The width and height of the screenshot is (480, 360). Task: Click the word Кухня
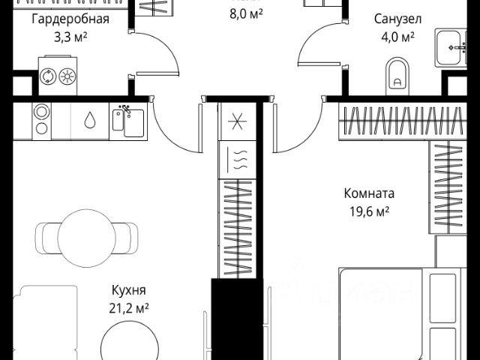128,290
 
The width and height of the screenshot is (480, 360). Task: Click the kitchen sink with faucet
127,121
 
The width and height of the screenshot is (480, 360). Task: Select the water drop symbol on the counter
89,121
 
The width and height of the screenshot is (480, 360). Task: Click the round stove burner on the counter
42,121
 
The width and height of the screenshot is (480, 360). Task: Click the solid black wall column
237,319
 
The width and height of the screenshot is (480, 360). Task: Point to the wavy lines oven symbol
238,159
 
